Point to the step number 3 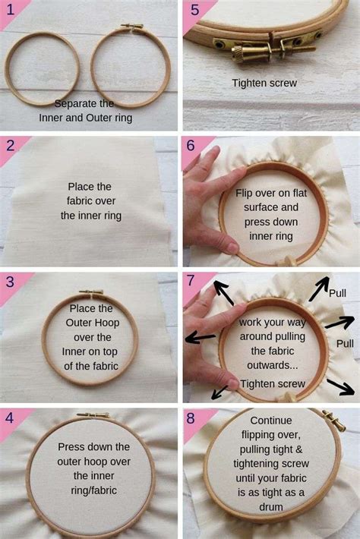[11, 281]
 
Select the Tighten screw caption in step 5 [264, 83]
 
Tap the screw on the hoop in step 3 [90, 292]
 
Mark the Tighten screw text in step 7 [273, 383]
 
